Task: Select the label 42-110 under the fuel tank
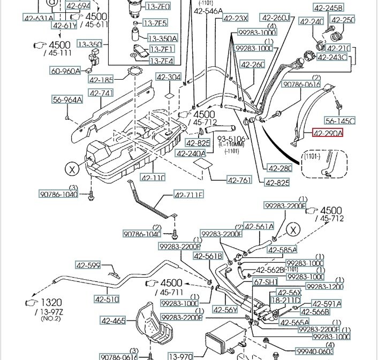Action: pyautogui.click(x=153, y=178)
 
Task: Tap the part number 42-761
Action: pyautogui.click(x=238, y=180)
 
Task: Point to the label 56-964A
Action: pyautogui.click(x=67, y=99)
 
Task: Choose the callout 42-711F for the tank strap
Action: pyautogui.click(x=188, y=195)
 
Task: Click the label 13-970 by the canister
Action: pyautogui.click(x=180, y=356)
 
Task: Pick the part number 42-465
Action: pyautogui.click(x=113, y=321)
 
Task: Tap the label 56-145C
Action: pyautogui.click(x=340, y=121)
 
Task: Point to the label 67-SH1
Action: pyautogui.click(x=266, y=281)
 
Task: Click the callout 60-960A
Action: pyautogui.click(x=65, y=71)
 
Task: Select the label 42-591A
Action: pyautogui.click(x=328, y=304)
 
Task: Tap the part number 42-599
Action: pyautogui.click(x=88, y=265)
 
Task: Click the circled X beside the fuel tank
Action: pyautogui.click(x=71, y=170)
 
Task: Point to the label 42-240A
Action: pyautogui.click(x=191, y=154)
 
